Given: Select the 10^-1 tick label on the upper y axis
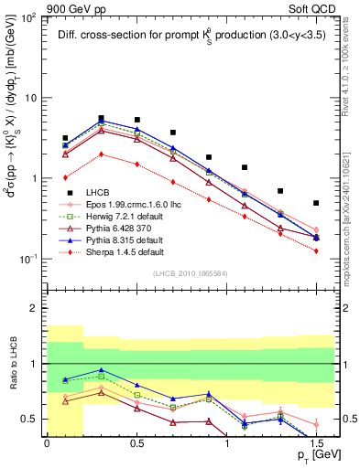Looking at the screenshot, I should [27, 260].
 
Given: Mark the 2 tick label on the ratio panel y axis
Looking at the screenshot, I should [33, 309].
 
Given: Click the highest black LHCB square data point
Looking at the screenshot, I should [101, 118].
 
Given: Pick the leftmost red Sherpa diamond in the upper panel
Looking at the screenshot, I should [65, 177].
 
